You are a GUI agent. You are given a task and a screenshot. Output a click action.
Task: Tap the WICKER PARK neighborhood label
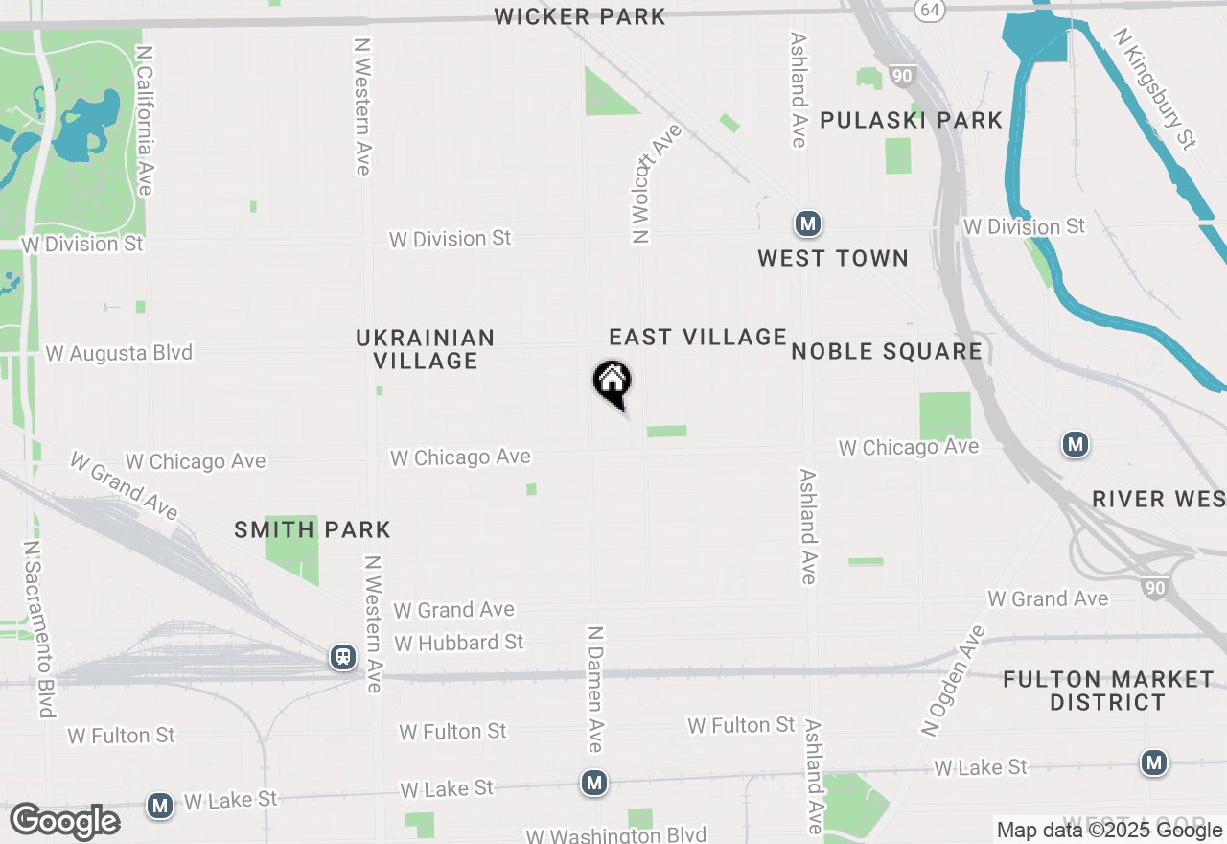click(580, 16)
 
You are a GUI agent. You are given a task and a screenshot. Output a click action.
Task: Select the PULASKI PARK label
click(911, 121)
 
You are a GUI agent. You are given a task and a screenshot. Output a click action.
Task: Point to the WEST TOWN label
click(832, 258)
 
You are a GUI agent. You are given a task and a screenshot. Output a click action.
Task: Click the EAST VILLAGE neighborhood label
click(698, 337)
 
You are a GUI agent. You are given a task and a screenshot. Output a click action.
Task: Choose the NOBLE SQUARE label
click(887, 351)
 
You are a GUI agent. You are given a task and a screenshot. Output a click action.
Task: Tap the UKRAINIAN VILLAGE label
click(426, 349)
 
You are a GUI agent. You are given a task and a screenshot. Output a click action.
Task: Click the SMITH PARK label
click(313, 529)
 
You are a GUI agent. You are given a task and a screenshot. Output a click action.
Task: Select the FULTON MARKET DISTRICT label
click(1107, 691)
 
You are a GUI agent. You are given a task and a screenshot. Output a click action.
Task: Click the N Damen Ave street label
click(595, 689)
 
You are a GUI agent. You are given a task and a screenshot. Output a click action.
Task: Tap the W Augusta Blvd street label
click(119, 353)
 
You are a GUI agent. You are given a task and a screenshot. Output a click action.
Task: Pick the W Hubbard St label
click(459, 642)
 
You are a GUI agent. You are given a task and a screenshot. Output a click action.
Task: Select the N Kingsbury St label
click(1155, 88)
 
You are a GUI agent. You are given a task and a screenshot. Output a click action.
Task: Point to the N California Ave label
click(145, 120)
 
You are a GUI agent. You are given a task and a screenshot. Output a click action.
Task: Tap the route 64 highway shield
click(928, 10)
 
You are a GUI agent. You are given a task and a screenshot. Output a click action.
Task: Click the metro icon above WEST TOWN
click(808, 224)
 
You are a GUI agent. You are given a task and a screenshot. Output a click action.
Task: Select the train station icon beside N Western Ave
click(342, 657)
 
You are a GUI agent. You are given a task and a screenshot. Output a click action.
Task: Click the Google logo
click(64, 821)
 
